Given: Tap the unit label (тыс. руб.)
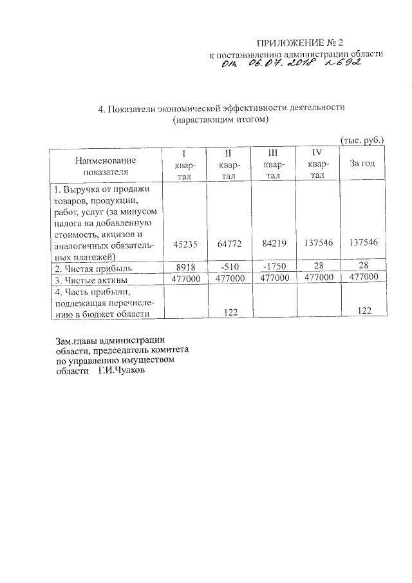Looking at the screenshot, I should click(362, 139).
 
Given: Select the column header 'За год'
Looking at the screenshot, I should click(362, 164).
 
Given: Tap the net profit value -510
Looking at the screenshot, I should click(228, 267).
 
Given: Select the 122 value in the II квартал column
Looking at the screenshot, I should click(230, 312).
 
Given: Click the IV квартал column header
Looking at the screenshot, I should click(317, 164).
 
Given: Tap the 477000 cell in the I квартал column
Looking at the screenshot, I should click(185, 278).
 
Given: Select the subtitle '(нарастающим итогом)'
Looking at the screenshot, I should click(220, 120).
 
